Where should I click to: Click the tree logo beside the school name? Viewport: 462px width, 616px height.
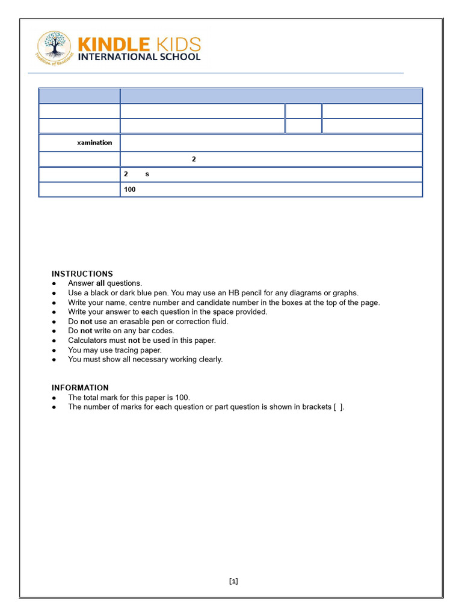click(x=54, y=48)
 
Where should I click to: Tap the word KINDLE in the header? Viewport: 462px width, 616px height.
click(x=114, y=45)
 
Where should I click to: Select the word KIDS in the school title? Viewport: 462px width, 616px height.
click(x=177, y=45)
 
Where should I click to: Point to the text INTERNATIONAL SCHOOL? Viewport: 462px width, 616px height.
click(x=140, y=57)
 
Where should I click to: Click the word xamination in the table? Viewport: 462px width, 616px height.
click(x=94, y=143)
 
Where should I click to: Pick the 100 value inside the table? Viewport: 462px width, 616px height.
click(x=130, y=189)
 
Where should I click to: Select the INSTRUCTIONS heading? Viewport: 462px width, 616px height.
click(x=82, y=274)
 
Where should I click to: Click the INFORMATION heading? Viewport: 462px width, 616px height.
click(x=80, y=388)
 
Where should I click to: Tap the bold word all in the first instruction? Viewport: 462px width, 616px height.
click(x=100, y=283)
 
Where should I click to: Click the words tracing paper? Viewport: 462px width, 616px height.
click(x=138, y=350)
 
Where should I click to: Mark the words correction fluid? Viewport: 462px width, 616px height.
click(x=203, y=321)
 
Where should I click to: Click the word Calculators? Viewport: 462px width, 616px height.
click(x=87, y=340)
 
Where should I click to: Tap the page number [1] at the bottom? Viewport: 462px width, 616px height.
click(x=233, y=581)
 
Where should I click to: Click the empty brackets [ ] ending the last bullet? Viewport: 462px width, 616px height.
click(x=339, y=407)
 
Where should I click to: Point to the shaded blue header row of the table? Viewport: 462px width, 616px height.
click(x=230, y=96)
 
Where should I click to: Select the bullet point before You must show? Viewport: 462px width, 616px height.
click(x=55, y=360)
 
